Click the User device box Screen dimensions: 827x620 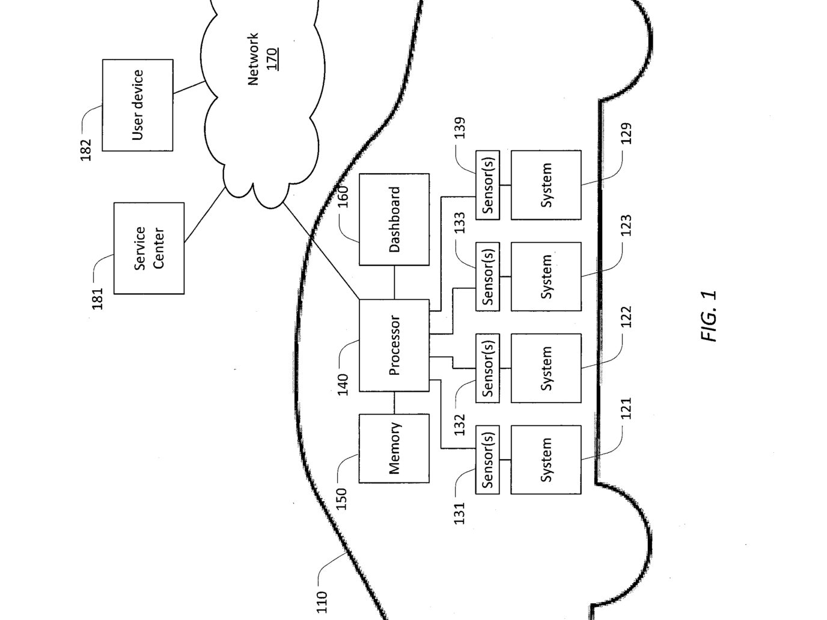(x=138, y=105)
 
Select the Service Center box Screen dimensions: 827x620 (x=149, y=248)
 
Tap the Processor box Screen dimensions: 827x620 (x=394, y=345)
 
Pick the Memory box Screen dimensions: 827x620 (x=394, y=448)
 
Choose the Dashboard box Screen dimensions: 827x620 (x=394, y=219)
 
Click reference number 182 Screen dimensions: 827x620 (x=86, y=150)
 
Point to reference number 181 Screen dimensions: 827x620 (x=97, y=299)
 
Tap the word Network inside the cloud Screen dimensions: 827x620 (x=253, y=59)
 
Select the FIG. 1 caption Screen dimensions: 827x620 (x=709, y=316)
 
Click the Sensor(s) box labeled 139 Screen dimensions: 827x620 (x=487, y=185)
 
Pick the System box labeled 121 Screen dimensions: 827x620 (x=546, y=460)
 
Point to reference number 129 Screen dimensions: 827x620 (x=626, y=133)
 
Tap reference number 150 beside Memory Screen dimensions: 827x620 (x=341, y=499)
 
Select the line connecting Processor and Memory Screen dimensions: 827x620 (x=394, y=403)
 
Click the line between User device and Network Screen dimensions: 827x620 (x=189, y=88)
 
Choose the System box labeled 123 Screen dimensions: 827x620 (x=546, y=277)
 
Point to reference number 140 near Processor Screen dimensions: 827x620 (x=343, y=384)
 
